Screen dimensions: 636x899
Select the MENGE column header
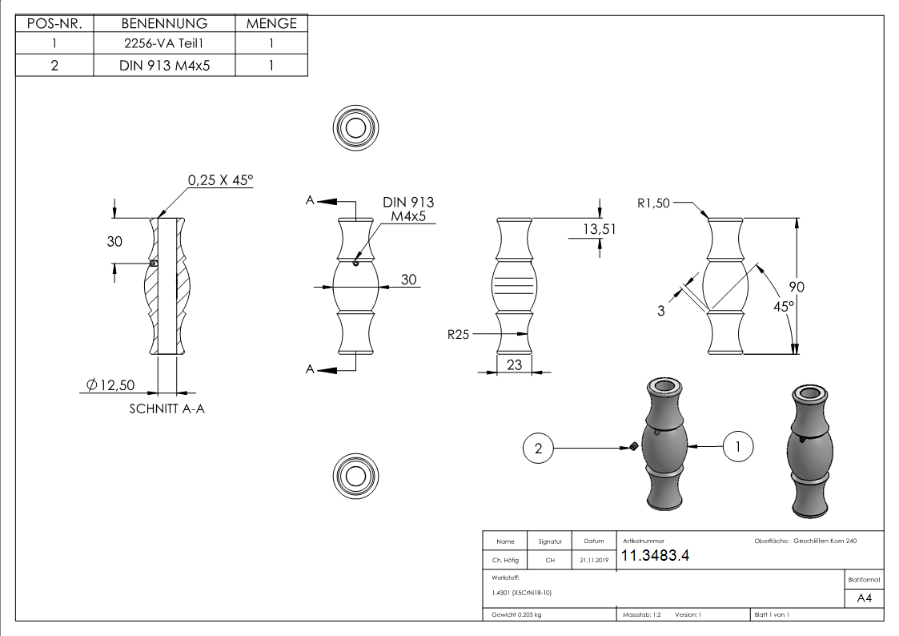271,23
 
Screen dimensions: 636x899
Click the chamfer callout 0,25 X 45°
220,181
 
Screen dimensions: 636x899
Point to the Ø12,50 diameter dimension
110,385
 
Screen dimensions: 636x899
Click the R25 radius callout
459,335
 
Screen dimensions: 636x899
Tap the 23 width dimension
513,363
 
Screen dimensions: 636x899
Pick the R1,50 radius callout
654,203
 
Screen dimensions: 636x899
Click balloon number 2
538,449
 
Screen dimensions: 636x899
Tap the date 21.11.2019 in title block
593,561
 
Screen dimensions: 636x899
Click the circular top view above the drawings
354,127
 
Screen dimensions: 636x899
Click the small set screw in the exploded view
632,446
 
